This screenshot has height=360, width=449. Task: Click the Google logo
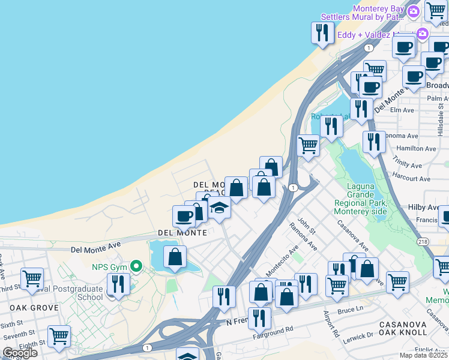[x=20, y=353]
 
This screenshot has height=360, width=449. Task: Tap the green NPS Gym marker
[x=137, y=266]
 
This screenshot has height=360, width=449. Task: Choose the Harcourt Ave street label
[x=411, y=179]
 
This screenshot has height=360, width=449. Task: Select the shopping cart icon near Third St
[x=32, y=278]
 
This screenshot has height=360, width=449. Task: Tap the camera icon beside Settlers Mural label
[x=413, y=11]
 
